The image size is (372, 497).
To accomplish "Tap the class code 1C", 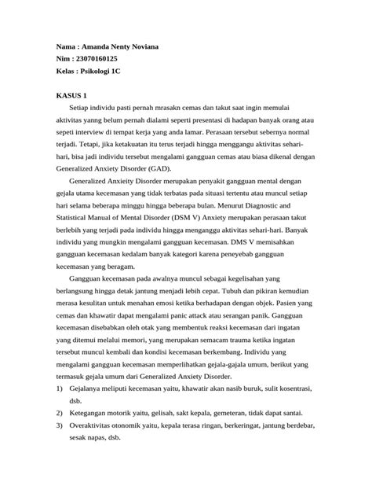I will [x=115, y=72].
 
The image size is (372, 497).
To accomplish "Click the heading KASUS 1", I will [x=71, y=96].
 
